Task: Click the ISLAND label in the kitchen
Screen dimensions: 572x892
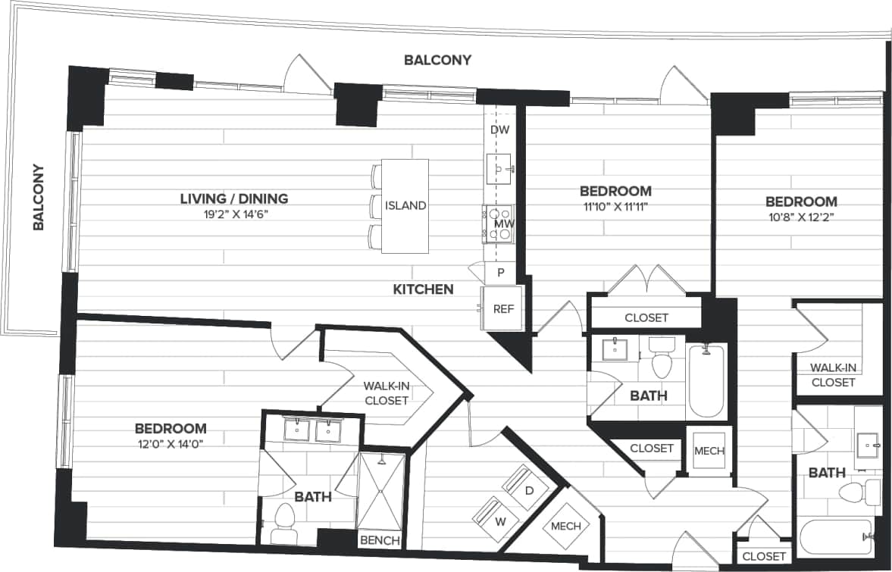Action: (x=405, y=205)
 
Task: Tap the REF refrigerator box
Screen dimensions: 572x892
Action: (x=502, y=309)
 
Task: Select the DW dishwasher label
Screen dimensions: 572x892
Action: (x=499, y=130)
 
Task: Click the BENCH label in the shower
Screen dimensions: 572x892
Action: (x=379, y=539)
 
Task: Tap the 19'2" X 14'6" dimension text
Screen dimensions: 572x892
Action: (x=234, y=214)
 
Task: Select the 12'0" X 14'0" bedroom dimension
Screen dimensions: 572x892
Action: (x=171, y=444)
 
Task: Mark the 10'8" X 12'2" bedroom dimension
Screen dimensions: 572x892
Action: (x=801, y=217)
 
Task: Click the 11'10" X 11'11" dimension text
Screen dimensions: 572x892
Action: (x=615, y=206)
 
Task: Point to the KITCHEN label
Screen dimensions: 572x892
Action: (x=423, y=289)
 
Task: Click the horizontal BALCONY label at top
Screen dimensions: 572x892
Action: (x=437, y=60)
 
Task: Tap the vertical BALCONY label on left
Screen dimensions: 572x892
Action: (x=39, y=197)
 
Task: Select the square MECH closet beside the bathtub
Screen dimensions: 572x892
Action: (x=709, y=451)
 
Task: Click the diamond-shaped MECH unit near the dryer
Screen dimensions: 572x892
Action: (x=565, y=526)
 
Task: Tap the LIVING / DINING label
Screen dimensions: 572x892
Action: (x=234, y=199)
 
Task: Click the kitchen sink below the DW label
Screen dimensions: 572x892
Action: (x=499, y=168)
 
